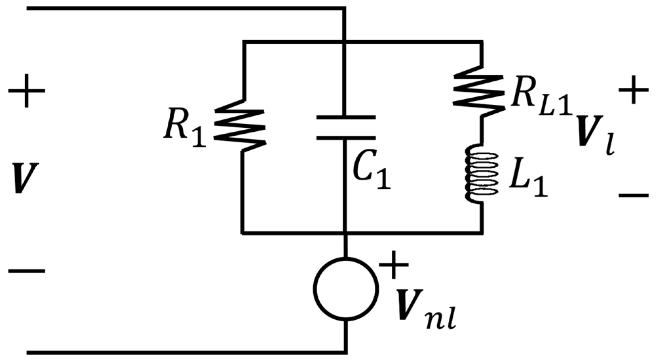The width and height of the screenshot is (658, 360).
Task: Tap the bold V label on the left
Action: [26, 179]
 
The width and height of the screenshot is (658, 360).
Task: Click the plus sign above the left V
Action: [26, 91]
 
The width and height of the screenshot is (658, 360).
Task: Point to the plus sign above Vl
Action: [633, 90]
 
